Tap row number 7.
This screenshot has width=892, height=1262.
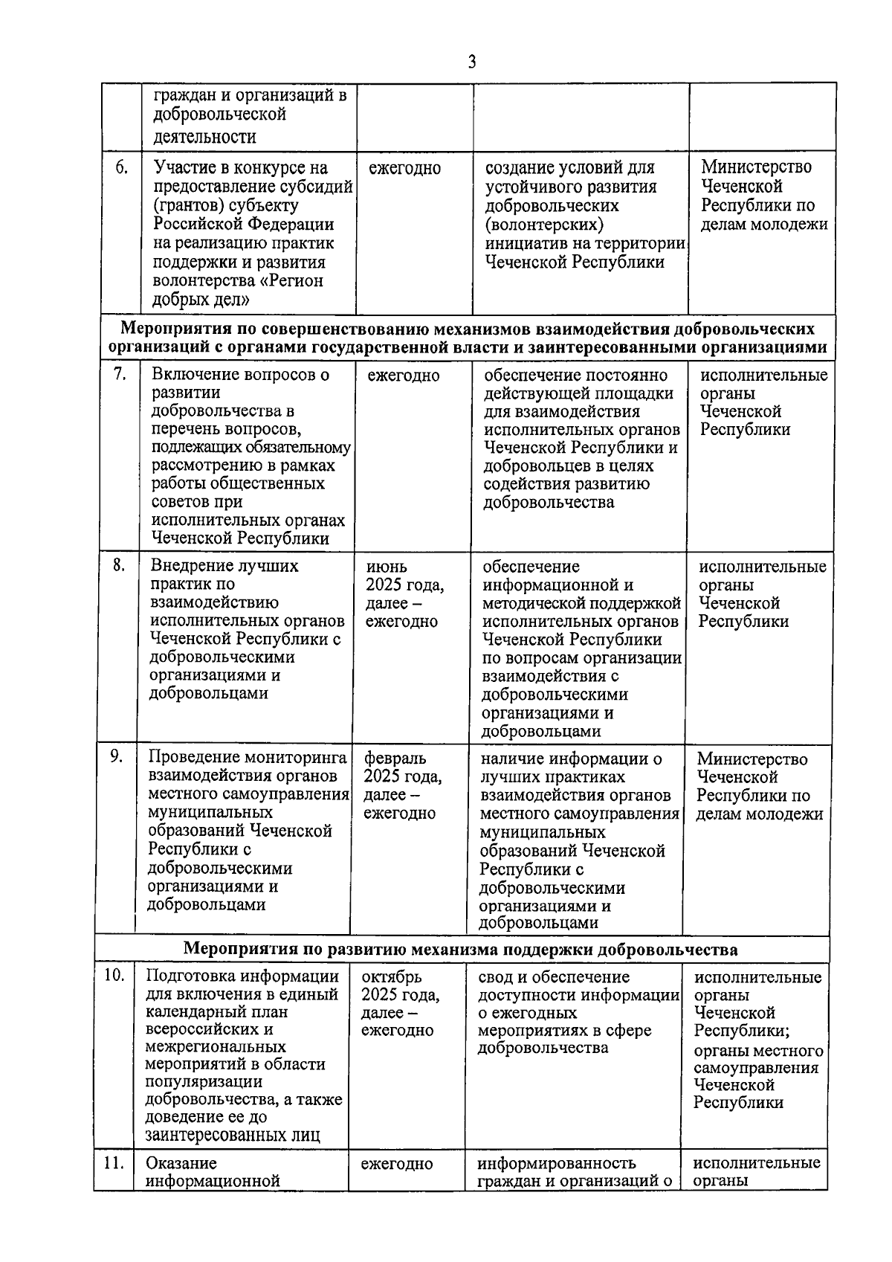(120, 374)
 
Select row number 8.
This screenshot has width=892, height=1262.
(119, 565)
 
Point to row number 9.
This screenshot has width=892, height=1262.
(117, 756)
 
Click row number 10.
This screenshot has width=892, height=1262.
(113, 976)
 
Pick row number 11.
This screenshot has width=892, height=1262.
(113, 1163)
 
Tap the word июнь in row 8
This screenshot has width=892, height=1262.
(387, 567)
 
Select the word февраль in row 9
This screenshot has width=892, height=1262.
(395, 758)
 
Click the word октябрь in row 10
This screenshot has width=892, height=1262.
(392, 976)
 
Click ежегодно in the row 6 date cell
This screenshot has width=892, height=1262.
(404, 169)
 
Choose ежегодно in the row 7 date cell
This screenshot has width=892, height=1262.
(404, 376)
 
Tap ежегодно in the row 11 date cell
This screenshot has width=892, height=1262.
(397, 1164)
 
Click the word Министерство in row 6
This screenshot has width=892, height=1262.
(756, 167)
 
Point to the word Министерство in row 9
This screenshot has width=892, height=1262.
(752, 759)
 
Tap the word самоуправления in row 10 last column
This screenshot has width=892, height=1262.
(756, 1068)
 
